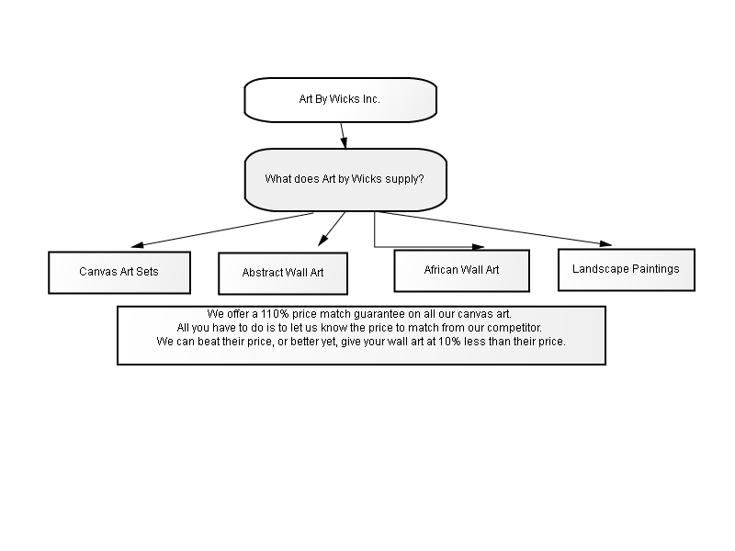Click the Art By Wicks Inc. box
tap(340, 100)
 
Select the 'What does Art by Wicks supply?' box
tap(345, 180)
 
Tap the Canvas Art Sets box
tap(119, 273)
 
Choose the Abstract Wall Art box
tap(283, 274)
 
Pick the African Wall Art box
tap(462, 271)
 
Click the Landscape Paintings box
tap(627, 270)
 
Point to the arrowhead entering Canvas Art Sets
tap(137, 244)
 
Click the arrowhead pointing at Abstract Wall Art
tap(322, 240)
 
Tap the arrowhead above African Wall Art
tap(478, 246)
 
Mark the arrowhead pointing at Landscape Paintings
tap(605, 243)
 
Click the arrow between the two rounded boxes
tap(344, 136)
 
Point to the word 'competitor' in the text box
tap(514, 328)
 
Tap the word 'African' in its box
tap(440, 269)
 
